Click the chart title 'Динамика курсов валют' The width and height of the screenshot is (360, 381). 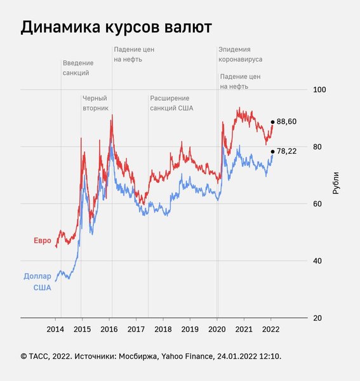click(x=116, y=28)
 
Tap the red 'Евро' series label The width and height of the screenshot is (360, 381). click(x=43, y=241)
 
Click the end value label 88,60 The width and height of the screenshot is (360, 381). click(x=286, y=121)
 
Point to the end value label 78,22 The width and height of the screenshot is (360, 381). click(x=286, y=151)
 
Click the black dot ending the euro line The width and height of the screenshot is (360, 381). click(x=272, y=122)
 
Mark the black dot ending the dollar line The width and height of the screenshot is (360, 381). click(x=272, y=151)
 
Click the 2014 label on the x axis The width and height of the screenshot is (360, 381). click(x=55, y=329)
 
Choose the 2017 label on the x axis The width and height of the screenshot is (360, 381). click(x=136, y=329)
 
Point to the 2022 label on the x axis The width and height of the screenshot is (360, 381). click(x=270, y=329)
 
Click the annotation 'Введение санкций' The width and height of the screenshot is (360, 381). click(x=78, y=68)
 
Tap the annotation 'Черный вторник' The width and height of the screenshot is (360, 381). click(x=96, y=103)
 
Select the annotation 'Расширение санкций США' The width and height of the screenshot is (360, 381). click(x=171, y=103)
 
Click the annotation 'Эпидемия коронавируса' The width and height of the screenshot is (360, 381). click(x=240, y=54)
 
